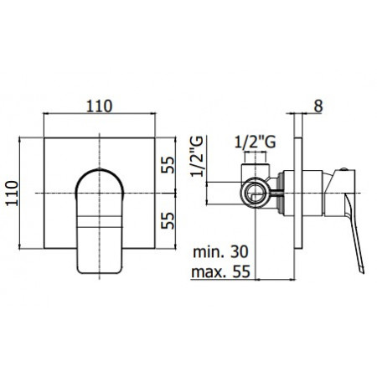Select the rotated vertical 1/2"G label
(x=198, y=164)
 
